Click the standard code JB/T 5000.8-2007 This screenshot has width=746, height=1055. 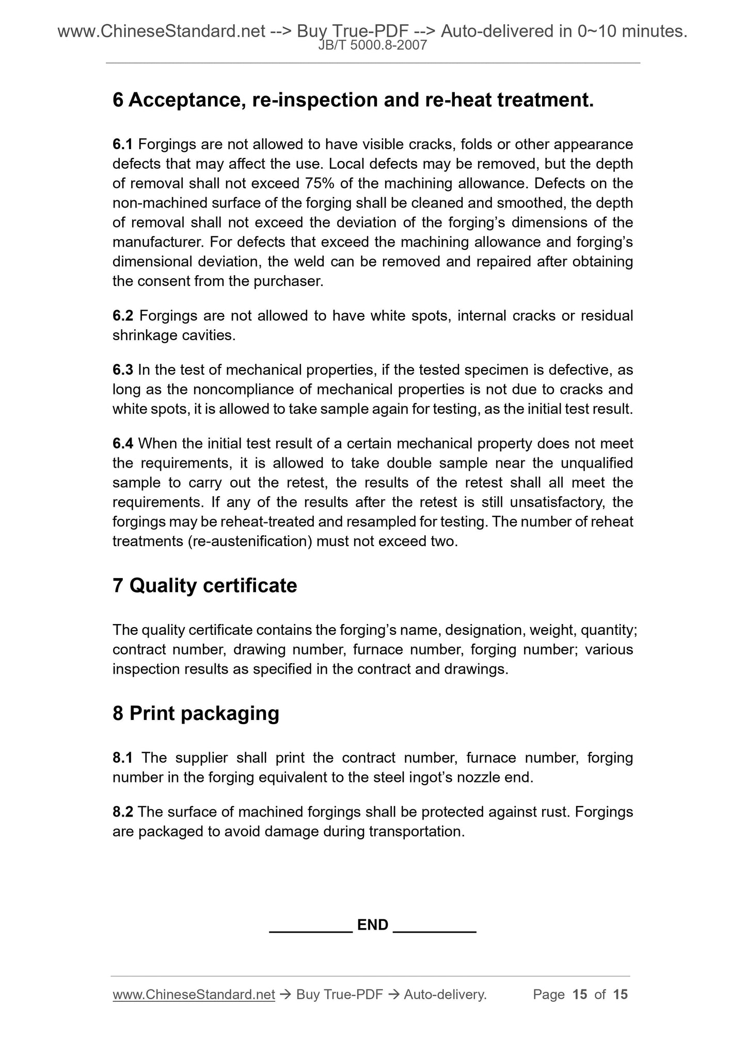tap(372, 45)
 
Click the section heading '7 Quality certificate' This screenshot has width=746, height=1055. tap(204, 586)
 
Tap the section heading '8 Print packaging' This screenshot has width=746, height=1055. tap(196, 713)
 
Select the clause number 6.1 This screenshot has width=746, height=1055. tap(123, 144)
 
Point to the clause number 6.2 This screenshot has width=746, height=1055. tap(123, 315)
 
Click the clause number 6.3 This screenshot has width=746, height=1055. tap(123, 370)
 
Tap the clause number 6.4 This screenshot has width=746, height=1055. tap(123, 443)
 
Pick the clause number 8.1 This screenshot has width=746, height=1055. tap(123, 758)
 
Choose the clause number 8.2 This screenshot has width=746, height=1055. tap(123, 812)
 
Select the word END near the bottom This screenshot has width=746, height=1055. tap(373, 924)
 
